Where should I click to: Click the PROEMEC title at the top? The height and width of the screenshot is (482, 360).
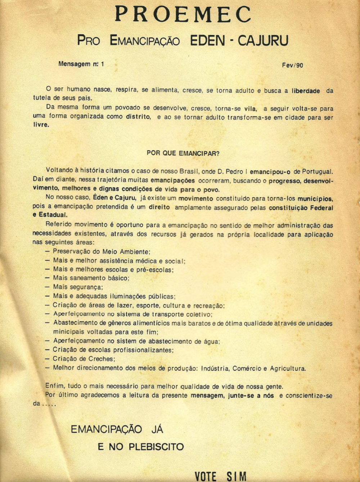[x=183, y=14]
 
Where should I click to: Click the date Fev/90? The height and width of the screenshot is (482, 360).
[x=292, y=65]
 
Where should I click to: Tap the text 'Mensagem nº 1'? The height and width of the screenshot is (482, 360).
[x=81, y=64]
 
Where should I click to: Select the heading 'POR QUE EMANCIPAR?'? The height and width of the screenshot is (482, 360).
[x=183, y=153]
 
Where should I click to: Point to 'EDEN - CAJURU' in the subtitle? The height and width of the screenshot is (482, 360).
[x=239, y=41]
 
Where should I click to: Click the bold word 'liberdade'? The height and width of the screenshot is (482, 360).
[x=306, y=91]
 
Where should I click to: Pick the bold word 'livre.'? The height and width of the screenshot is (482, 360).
[x=41, y=125]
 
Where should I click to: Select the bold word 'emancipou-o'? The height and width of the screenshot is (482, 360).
[x=270, y=172]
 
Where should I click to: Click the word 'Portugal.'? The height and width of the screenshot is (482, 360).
[x=317, y=171]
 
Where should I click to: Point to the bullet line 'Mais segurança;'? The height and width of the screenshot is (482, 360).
[x=78, y=287]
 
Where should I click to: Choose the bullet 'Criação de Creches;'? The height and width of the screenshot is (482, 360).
[x=84, y=359]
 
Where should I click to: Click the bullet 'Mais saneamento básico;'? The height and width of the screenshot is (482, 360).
[x=91, y=278]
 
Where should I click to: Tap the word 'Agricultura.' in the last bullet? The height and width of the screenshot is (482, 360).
[x=288, y=368]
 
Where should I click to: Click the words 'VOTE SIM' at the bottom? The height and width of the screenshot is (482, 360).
[x=221, y=476]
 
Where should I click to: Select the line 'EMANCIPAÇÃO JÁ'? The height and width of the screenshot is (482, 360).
[x=117, y=429]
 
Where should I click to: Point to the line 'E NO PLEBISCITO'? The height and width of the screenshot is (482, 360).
[x=141, y=447]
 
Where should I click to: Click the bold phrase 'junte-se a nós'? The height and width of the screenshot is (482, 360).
[x=251, y=396]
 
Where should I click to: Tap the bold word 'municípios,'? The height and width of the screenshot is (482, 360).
[x=315, y=198]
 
